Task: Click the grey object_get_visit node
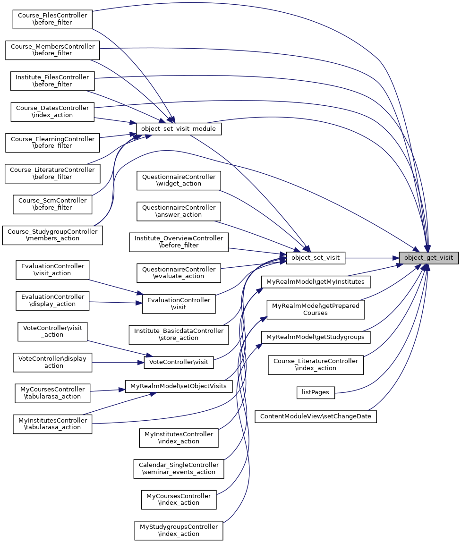428,258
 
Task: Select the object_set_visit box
316,258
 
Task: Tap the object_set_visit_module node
179,128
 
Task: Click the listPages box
316,392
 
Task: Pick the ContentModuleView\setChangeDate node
316,416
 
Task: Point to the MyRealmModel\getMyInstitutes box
316,282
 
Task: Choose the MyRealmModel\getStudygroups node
316,337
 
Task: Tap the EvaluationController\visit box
179,304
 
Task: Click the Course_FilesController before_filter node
52,19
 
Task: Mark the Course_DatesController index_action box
52,111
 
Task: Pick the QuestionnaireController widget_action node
179,180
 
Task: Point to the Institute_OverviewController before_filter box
179,242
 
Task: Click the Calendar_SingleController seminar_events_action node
179,468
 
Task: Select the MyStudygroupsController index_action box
179,530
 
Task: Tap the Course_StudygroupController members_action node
52,235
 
